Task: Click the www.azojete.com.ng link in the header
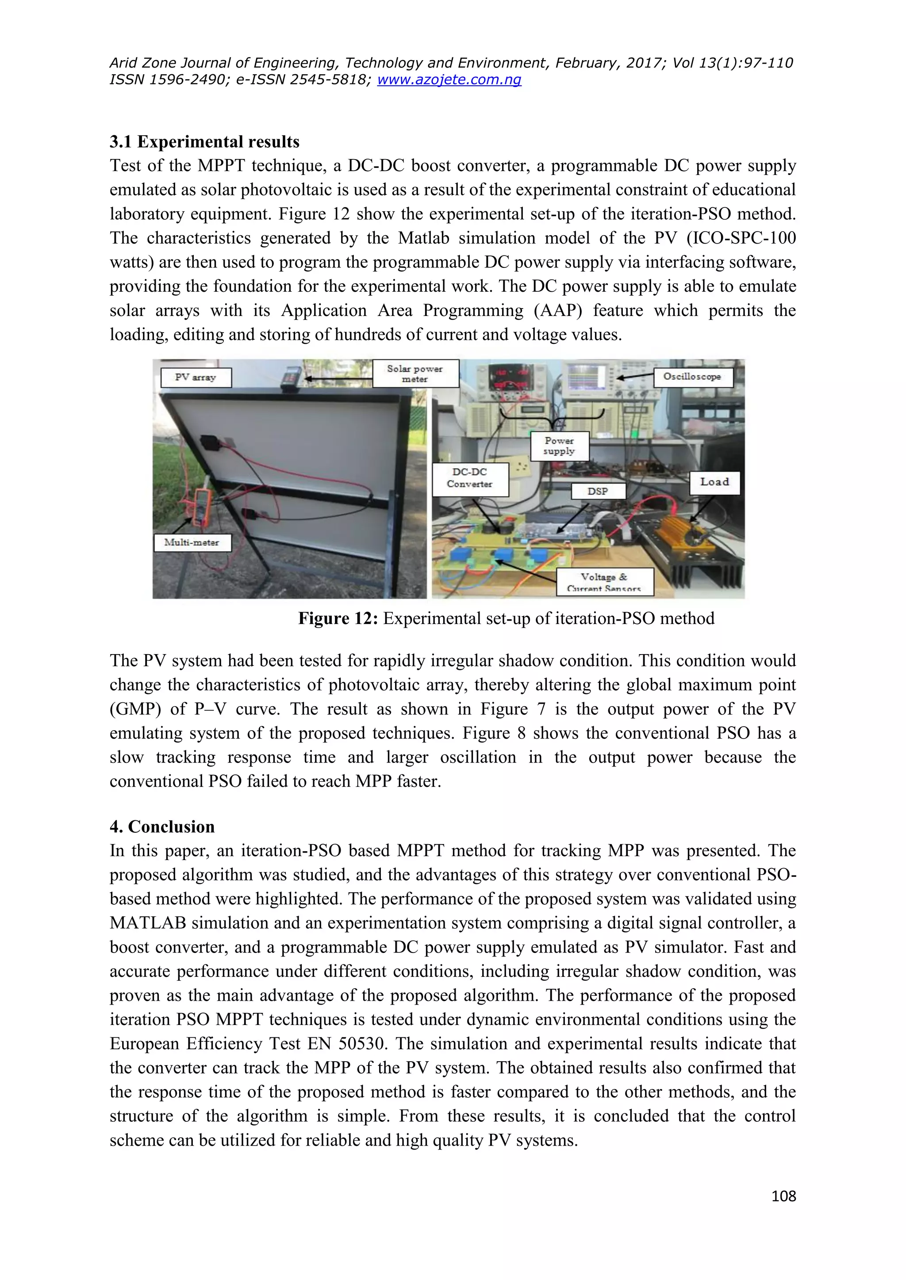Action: pos(449,80)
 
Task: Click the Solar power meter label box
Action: pos(415,373)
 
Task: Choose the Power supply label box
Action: pos(559,446)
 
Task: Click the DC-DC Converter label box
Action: pos(470,478)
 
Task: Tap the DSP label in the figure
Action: pos(598,491)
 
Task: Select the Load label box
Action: pos(714,482)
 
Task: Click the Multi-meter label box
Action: pos(192,542)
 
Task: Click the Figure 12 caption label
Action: pos(338,618)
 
